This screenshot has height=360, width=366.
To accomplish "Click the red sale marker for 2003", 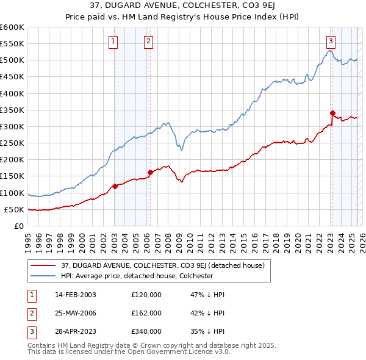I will [x=115, y=186].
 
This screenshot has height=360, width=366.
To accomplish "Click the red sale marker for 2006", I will [x=150, y=172].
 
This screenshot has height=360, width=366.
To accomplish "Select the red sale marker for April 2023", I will [x=332, y=113].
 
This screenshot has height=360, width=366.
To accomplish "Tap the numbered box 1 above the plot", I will [x=113, y=41].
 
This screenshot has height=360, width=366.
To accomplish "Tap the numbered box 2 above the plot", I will [x=148, y=41].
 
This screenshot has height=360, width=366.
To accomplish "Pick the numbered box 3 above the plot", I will [x=330, y=41].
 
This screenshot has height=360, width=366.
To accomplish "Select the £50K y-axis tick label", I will [x=15, y=209].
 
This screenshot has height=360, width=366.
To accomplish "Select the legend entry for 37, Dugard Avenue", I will [x=162, y=265].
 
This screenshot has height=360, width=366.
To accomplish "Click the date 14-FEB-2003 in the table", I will [x=75, y=295].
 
